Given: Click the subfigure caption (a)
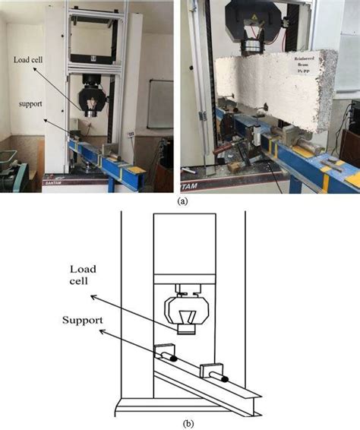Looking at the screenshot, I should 181,201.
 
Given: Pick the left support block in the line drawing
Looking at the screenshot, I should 163,353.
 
